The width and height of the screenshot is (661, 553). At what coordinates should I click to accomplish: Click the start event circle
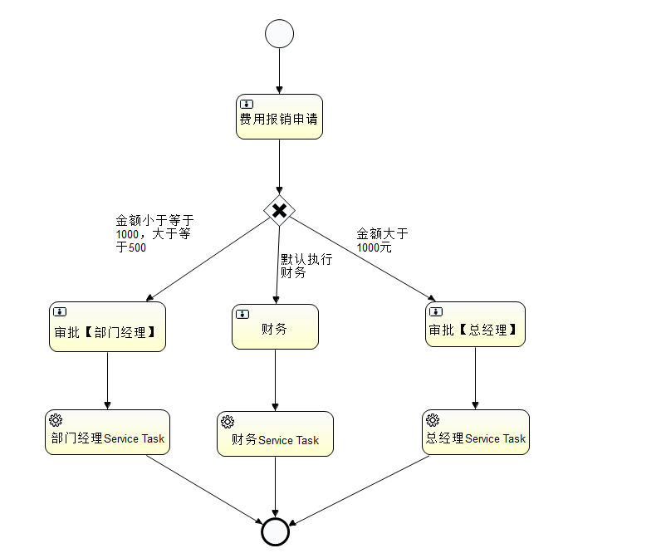coord(279,34)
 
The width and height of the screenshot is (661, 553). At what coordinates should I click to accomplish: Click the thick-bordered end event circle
coord(275,531)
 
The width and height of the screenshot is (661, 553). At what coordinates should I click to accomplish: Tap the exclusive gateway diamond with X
coord(279,210)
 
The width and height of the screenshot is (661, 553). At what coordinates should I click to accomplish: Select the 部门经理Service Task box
coord(107,432)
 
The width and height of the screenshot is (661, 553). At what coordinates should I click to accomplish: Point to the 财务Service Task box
coord(275,433)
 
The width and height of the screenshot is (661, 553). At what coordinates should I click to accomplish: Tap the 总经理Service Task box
coord(475,432)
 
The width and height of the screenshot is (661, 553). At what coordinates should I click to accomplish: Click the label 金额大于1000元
coord(381,240)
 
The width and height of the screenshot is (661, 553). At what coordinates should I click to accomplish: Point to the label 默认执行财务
coord(305,266)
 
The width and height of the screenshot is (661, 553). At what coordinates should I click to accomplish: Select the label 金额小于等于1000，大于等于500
coord(154,233)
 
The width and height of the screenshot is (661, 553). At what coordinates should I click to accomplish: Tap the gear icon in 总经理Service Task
coord(432,420)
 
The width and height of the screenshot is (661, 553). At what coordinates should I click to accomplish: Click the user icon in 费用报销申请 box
coord(247,104)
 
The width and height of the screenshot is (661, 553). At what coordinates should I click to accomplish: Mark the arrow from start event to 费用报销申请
coord(279,71)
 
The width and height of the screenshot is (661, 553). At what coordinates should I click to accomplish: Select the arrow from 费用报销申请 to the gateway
coord(279,166)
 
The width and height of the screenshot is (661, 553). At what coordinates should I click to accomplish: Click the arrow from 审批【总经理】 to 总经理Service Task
coord(475,378)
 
